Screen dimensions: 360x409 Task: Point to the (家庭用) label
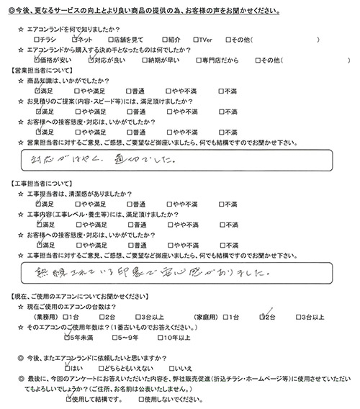coord(202,317)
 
